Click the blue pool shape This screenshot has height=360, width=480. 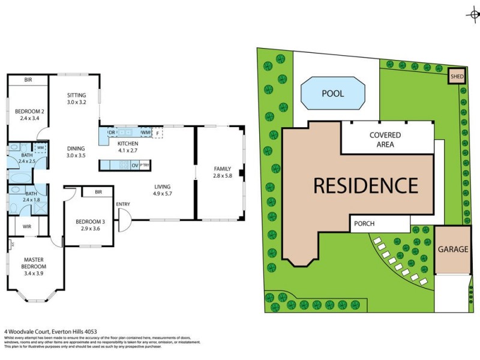click(332, 94)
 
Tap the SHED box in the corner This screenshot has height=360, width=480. click(457, 76)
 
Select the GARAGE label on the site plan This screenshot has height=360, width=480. click(452, 249)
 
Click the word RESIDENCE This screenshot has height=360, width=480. click(365, 185)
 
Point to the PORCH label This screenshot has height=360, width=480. click(364, 224)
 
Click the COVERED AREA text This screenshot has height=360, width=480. click(385, 140)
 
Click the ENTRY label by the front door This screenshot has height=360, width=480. click(123, 205)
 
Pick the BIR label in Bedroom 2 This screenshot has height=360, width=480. click(28, 80)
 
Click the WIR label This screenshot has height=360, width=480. click(27, 226)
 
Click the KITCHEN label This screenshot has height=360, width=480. click(128, 144)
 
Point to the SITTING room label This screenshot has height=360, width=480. click(77, 95)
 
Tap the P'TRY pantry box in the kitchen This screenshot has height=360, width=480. click(145, 165)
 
